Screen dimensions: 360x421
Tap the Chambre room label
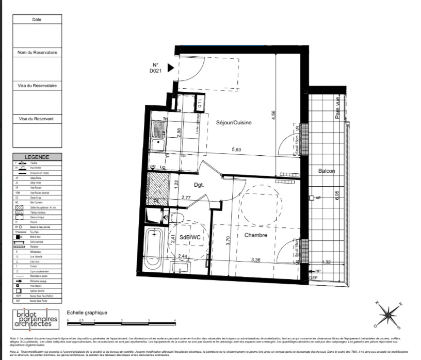(256, 235)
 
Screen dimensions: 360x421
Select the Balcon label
(326, 171)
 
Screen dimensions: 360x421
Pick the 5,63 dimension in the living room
(236, 150)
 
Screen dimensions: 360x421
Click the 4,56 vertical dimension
(273, 116)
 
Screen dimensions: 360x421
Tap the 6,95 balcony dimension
(337, 195)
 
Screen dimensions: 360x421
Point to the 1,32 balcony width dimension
(326, 263)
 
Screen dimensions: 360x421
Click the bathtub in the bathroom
(153, 249)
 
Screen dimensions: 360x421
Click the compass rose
(390, 314)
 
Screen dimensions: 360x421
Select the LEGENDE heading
(37, 157)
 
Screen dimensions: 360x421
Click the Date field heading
(37, 19)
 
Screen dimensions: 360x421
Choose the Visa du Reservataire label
(37, 85)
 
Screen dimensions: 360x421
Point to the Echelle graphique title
(87, 312)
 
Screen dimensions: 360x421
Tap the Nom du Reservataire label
(37, 53)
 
